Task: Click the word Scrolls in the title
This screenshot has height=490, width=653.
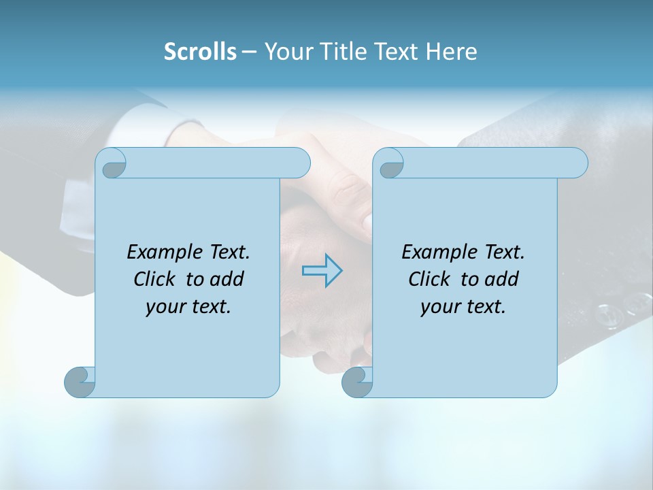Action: click(x=200, y=52)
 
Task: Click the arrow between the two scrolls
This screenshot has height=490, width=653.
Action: click(x=322, y=271)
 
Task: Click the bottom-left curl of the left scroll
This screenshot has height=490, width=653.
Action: click(x=80, y=382)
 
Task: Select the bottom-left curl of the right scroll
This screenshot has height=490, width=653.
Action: click(x=356, y=382)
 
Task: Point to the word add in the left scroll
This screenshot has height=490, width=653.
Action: click(x=227, y=279)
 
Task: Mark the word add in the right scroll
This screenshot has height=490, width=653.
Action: click(x=501, y=279)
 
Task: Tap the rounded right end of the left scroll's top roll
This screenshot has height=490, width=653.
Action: click(x=299, y=163)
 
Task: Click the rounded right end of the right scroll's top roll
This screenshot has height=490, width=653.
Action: click(x=577, y=163)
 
